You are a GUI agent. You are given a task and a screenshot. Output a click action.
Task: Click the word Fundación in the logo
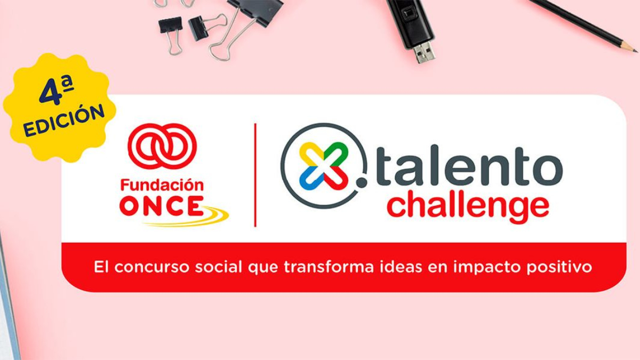[162, 186]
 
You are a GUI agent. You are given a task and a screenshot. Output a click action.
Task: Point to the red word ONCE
[161, 206]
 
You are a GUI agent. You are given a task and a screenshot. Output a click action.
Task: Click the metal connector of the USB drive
[425, 52]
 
